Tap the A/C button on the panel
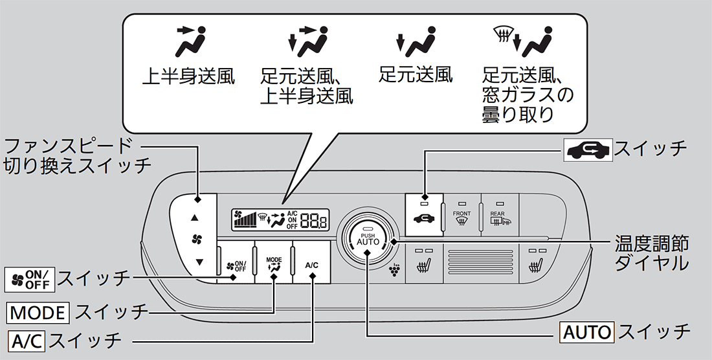[x=311, y=264]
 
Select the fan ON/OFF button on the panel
[x=236, y=265]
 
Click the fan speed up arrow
[x=196, y=218]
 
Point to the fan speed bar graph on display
[x=247, y=221]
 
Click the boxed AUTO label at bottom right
[x=586, y=332]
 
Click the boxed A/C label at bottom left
[x=27, y=339]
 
